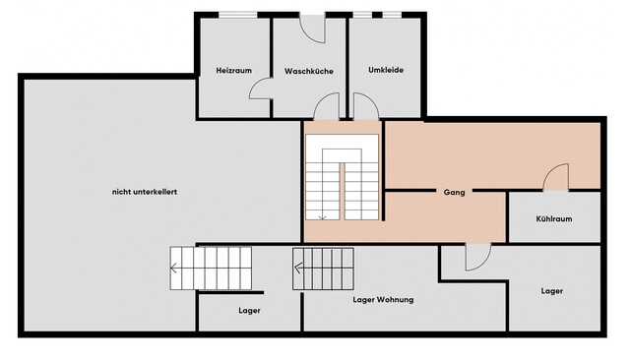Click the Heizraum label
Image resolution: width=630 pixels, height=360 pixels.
(234, 70)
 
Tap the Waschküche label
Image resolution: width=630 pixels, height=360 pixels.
(309, 71)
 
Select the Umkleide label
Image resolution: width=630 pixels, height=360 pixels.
(386, 70)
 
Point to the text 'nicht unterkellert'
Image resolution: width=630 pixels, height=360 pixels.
(145, 192)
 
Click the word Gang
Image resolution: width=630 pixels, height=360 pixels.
(455, 192)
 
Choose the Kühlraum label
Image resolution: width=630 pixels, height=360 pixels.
(554, 218)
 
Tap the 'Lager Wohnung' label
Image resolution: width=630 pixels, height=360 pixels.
(383, 299)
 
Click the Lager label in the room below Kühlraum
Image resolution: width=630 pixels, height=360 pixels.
(551, 291)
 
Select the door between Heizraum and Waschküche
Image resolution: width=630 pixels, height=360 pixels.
(260, 89)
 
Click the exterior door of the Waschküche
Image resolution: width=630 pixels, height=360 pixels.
(312, 29)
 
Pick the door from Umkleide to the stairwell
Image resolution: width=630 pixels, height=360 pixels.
(365, 106)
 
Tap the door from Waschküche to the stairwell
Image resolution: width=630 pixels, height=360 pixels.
(327, 106)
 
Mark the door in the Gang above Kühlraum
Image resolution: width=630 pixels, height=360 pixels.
(556, 177)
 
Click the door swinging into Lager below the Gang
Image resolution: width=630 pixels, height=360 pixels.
(478, 258)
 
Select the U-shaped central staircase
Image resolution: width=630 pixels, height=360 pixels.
(342, 177)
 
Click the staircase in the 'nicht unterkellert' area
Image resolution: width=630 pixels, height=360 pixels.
(211, 269)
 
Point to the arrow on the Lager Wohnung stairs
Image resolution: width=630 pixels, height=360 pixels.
(298, 268)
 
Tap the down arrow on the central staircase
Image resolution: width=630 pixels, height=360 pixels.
(322, 217)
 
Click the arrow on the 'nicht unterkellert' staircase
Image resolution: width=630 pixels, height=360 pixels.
(174, 268)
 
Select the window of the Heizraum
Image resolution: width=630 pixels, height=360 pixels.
(238, 15)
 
